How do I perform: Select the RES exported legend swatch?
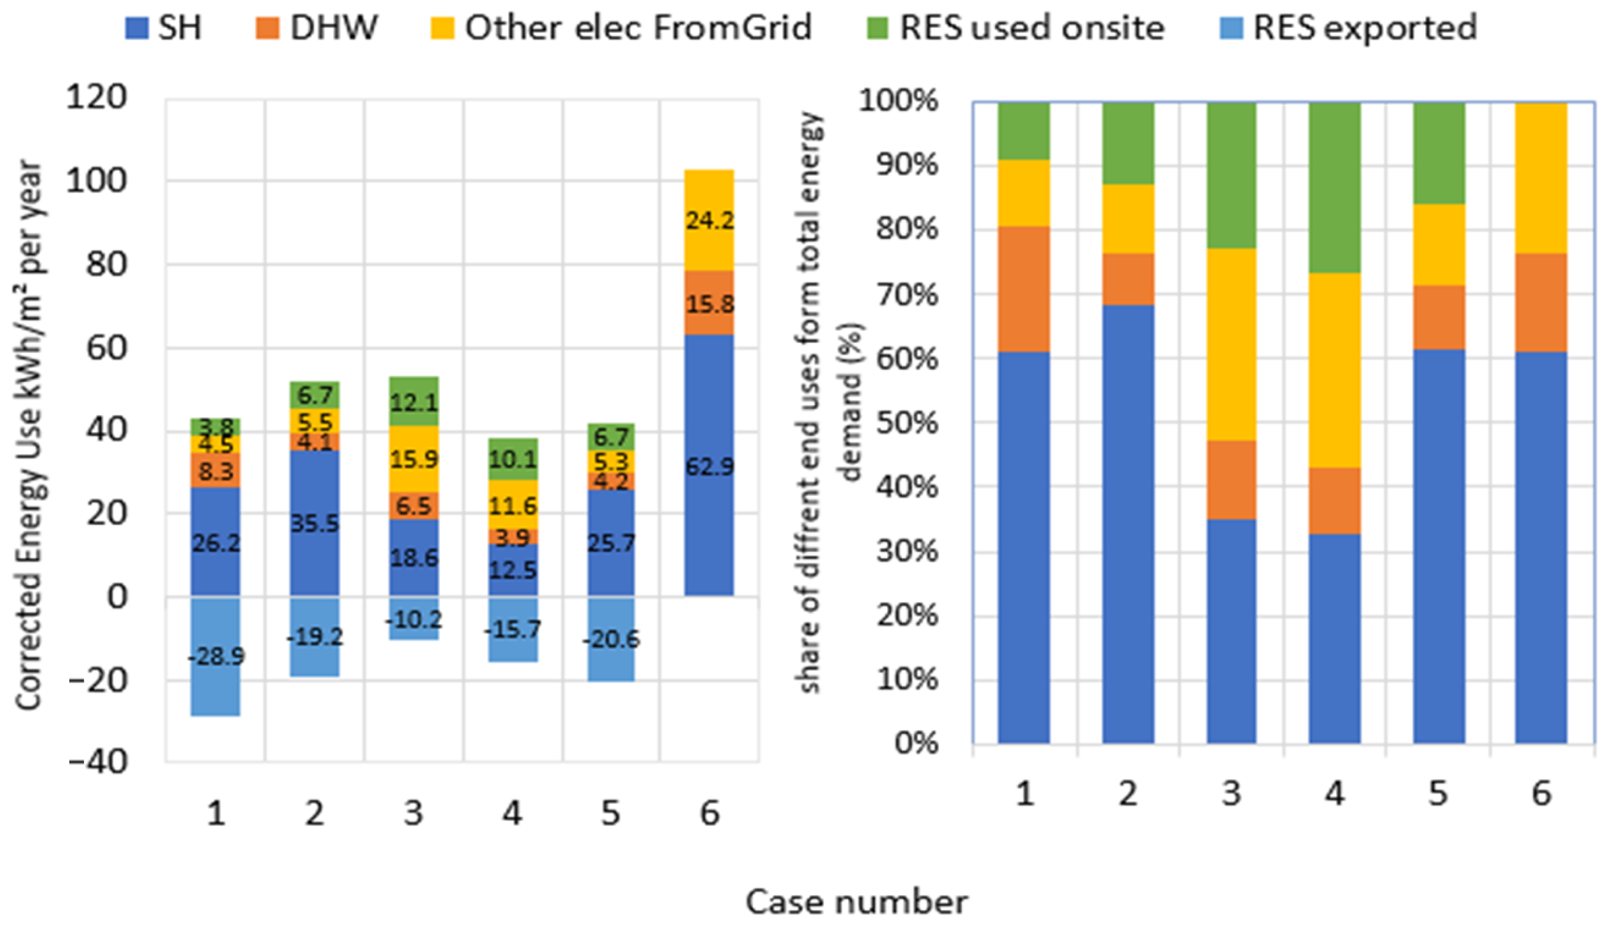pyautogui.click(x=1231, y=28)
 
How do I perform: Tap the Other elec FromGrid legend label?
pyautogui.click(x=637, y=28)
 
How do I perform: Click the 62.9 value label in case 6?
pyautogui.click(x=709, y=467)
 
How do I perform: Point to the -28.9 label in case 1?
pyautogui.click(x=216, y=656)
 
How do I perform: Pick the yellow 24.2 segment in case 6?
pyautogui.click(x=709, y=220)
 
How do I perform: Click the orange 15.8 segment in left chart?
pyautogui.click(x=709, y=303)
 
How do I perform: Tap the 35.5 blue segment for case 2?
pyautogui.click(x=315, y=523)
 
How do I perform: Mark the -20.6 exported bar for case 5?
pyautogui.click(x=611, y=639)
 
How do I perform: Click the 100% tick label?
pyautogui.click(x=898, y=100)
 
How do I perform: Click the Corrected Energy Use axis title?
pyautogui.click(x=29, y=433)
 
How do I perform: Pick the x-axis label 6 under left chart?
pyautogui.click(x=709, y=813)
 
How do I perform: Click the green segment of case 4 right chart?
pyautogui.click(x=1334, y=187)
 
